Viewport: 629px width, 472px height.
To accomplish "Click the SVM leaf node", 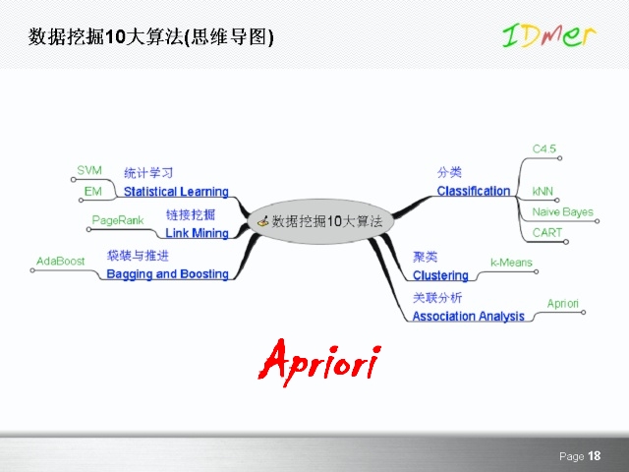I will pyautogui.click(x=89, y=171).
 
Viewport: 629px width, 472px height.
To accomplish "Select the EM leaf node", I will pyautogui.click(x=92, y=190).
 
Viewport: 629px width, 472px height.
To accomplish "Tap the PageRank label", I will pyautogui.click(x=118, y=220).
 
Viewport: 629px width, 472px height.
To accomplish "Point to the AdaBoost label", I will pyautogui.click(x=60, y=261).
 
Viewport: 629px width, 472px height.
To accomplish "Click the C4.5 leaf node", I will pyautogui.click(x=544, y=148).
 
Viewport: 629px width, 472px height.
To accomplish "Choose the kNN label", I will pyautogui.click(x=543, y=190).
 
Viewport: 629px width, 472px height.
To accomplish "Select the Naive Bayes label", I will pyautogui.click(x=562, y=212).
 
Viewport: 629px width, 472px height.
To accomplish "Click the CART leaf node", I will pyautogui.click(x=547, y=233).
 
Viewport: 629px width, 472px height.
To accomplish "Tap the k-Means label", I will pyautogui.click(x=511, y=263).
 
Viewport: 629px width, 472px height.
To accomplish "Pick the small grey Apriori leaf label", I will pyautogui.click(x=562, y=304).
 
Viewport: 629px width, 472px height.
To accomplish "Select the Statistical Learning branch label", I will pyautogui.click(x=176, y=192).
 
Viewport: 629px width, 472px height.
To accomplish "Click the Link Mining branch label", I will pyautogui.click(x=197, y=233).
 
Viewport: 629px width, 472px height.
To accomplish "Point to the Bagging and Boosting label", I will pyautogui.click(x=167, y=274).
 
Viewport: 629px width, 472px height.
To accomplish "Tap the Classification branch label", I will pyautogui.click(x=473, y=191).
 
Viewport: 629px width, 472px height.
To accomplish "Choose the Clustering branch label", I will pyautogui.click(x=440, y=276).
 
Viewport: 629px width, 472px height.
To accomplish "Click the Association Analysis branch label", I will pyautogui.click(x=468, y=317).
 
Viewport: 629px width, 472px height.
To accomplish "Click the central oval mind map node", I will pyautogui.click(x=319, y=221).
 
